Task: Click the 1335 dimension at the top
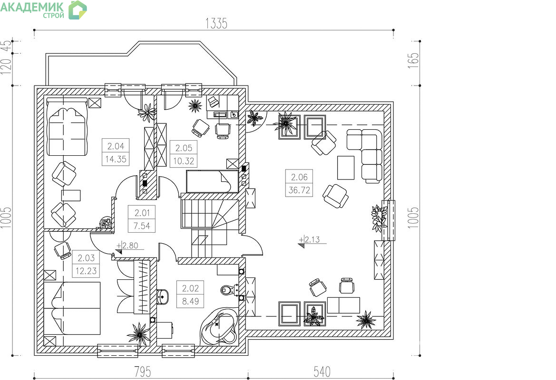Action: pyautogui.click(x=216, y=23)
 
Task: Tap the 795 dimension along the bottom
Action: pyautogui.click(x=143, y=371)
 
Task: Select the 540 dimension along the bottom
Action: pyautogui.click(x=322, y=371)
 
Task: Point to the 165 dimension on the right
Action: pyautogui.click(x=413, y=60)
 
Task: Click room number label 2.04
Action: pyautogui.click(x=116, y=146)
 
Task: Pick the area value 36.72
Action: pyautogui.click(x=299, y=190)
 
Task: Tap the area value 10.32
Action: pyautogui.click(x=183, y=161)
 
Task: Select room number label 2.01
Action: pyautogui.click(x=142, y=213)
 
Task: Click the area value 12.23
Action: pyautogui.click(x=86, y=271)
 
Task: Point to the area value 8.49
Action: pyautogui.click(x=190, y=301)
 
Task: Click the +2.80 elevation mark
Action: pyautogui.click(x=127, y=246)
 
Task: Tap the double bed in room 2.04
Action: pyautogui.click(x=67, y=127)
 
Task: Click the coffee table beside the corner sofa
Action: pyautogui.click(x=346, y=168)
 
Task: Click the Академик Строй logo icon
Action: pyautogui.click(x=78, y=9)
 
